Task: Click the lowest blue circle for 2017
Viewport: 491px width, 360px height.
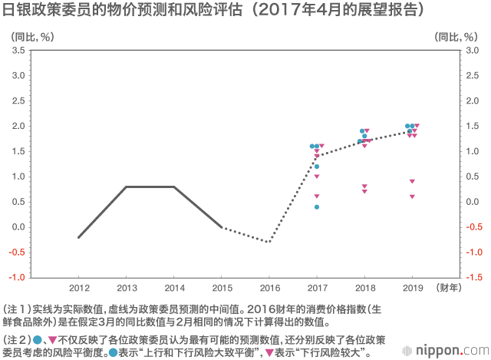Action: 316,206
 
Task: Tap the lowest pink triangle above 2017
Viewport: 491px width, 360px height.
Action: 316,197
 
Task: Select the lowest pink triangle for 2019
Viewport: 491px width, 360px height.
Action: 412,197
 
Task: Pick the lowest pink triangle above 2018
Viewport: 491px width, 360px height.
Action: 364,191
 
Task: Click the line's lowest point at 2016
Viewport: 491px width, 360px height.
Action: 269,242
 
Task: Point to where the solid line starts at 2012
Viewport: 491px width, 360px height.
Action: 78,237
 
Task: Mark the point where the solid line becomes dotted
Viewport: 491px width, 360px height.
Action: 221,227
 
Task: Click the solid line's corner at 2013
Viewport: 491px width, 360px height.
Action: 126,187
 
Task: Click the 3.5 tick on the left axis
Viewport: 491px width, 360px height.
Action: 18,51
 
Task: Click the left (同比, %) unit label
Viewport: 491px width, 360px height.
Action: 31,35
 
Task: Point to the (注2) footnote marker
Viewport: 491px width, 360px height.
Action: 17,339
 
